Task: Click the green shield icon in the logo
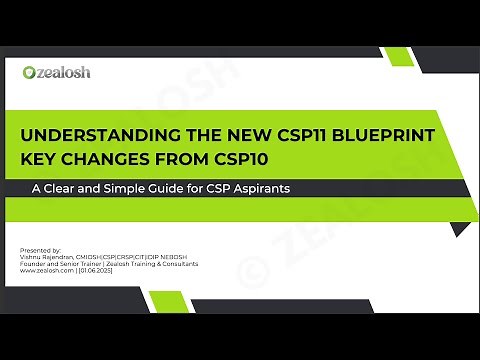pyautogui.click(x=29, y=72)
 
